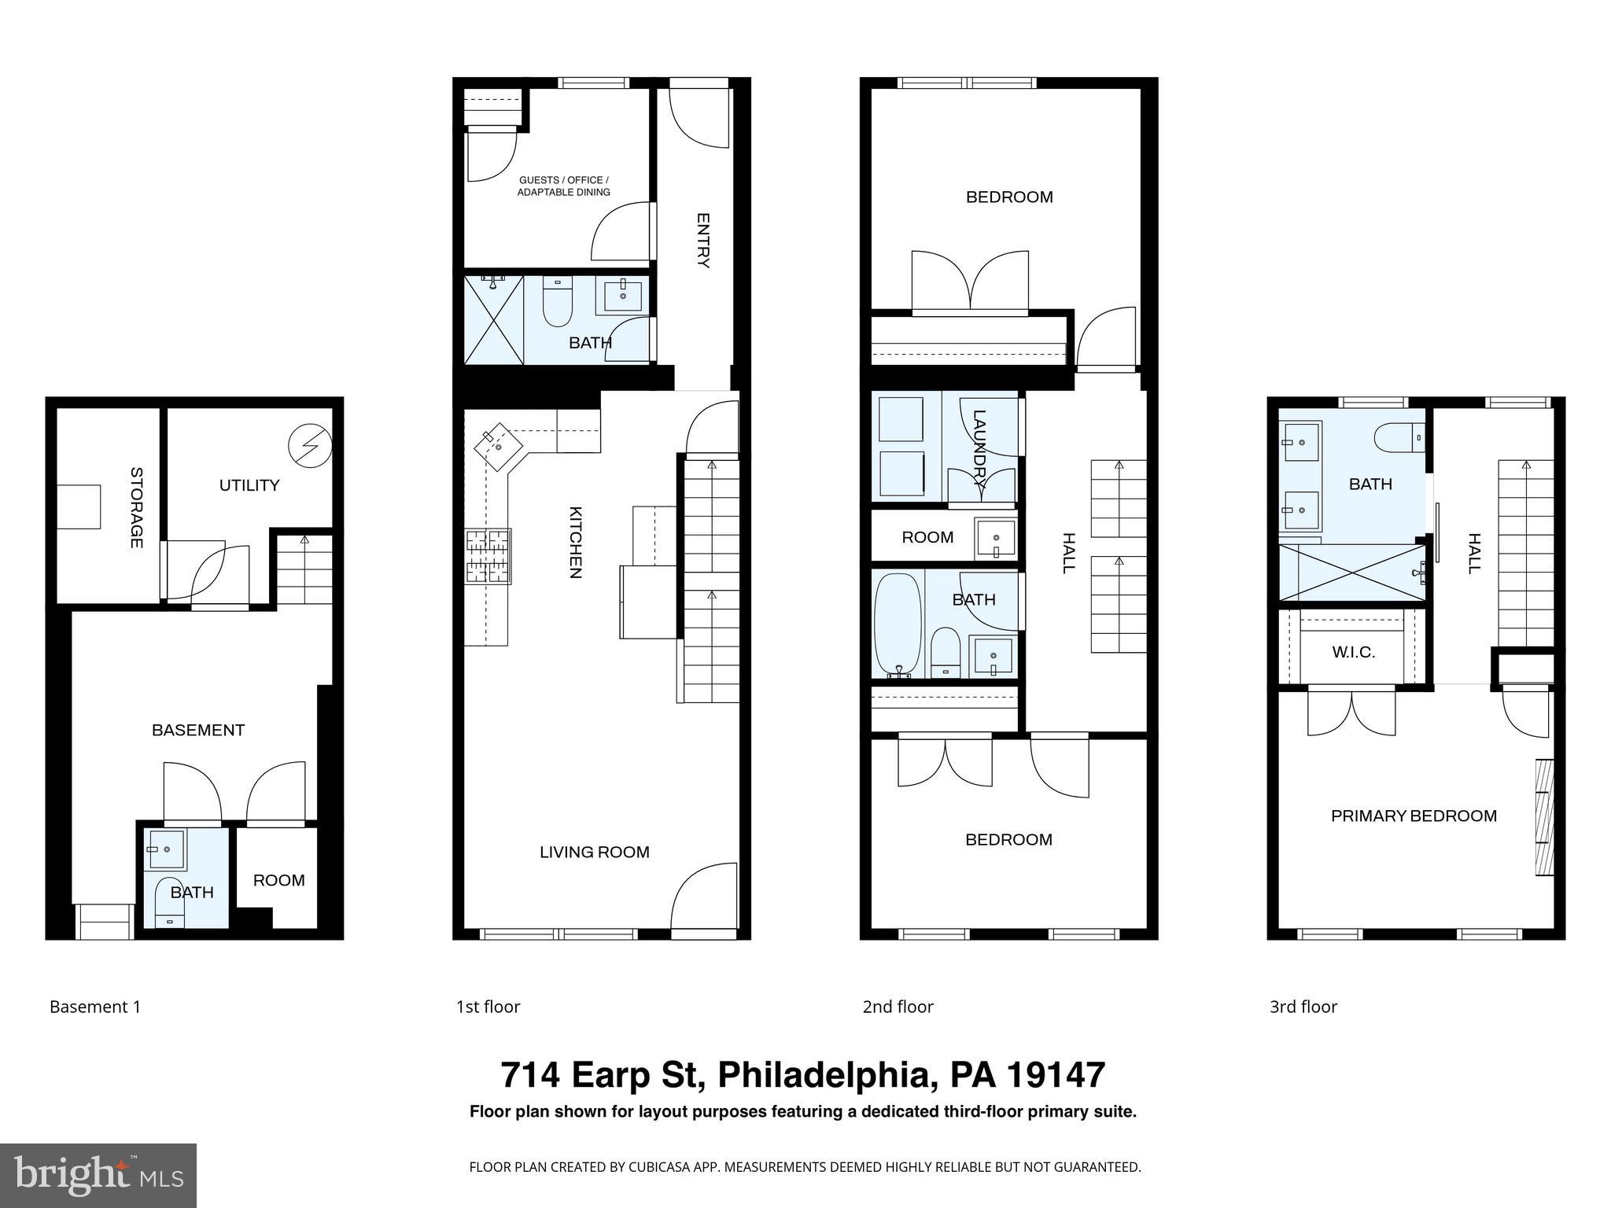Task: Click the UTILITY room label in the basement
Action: pos(249,485)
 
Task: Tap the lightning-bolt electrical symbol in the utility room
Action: pos(310,446)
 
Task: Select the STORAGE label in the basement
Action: pos(136,507)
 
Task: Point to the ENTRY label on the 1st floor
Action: pos(703,241)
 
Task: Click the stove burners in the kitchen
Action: pos(488,556)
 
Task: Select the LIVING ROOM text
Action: pos(594,852)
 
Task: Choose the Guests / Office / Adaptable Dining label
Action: pos(563,186)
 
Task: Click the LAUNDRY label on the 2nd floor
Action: pos(979,450)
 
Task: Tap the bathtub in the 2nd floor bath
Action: pos(897,625)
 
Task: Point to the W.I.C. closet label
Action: pos(1353,652)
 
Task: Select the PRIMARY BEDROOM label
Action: pos(1413,816)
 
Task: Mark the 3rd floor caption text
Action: pos(1303,1007)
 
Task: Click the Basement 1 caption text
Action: pos(95,1007)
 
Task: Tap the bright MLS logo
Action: pos(98,1175)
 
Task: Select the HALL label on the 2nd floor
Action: pos(1068,553)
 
